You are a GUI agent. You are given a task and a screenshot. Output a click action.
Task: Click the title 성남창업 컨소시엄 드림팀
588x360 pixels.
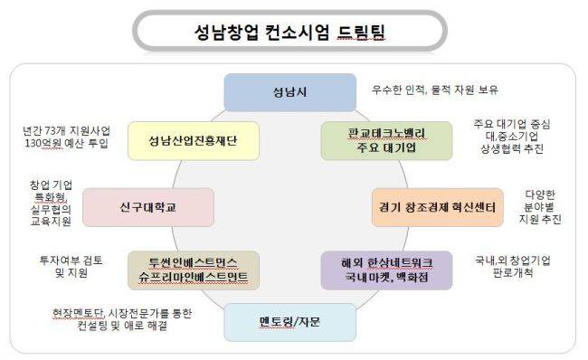point(289,32)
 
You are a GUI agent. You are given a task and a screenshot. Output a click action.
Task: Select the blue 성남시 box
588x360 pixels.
point(289,92)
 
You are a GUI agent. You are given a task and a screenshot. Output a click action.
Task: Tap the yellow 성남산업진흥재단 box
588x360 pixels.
point(194,140)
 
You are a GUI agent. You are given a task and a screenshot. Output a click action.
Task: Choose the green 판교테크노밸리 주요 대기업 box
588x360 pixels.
point(386,140)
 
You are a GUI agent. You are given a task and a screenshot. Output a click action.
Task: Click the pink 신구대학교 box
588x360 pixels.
point(148,207)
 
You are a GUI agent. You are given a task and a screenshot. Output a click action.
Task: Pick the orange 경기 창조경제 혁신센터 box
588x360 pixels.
point(437,207)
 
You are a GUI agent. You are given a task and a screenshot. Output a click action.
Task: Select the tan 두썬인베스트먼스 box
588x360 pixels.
point(194,270)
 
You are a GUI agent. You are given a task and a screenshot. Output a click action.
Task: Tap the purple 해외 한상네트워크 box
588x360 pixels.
point(386,270)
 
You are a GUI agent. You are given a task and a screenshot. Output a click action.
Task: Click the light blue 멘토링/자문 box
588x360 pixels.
point(289,322)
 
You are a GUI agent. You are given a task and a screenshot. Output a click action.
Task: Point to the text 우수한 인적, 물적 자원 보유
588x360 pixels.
point(435,90)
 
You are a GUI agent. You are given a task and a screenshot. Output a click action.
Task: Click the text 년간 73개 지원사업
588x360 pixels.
point(66,131)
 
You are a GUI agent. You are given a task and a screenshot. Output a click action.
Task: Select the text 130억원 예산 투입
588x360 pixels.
point(66,143)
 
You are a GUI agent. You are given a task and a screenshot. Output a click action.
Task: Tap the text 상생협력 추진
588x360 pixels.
point(512,149)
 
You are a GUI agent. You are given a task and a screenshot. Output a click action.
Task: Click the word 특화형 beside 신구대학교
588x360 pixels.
point(51,197)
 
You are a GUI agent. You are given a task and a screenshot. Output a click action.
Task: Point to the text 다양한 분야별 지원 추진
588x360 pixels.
point(540,206)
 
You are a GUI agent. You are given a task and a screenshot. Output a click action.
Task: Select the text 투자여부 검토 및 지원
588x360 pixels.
point(71,266)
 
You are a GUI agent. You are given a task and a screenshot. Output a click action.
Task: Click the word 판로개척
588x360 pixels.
point(513,272)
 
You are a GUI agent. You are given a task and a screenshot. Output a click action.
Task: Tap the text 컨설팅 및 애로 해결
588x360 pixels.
point(122,325)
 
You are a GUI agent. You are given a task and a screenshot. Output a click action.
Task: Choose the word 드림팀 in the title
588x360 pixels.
point(361,32)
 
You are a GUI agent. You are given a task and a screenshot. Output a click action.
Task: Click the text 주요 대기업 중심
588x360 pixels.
point(512,124)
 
